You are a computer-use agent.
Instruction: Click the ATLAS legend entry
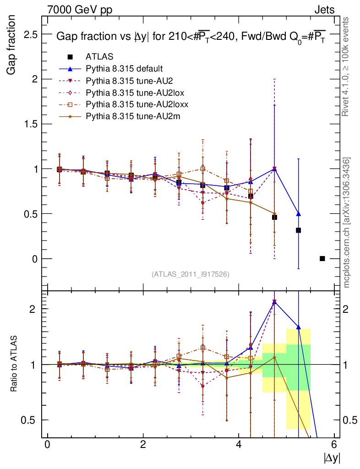99,57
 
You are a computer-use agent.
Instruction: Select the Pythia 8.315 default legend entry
124,69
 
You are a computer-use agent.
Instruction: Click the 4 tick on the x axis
239,445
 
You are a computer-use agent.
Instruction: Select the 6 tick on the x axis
334,445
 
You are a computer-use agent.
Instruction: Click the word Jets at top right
324,9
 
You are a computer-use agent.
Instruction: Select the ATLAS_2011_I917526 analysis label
190,274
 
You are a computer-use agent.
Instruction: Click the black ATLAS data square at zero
322,259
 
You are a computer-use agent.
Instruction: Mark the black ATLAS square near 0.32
298,230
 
